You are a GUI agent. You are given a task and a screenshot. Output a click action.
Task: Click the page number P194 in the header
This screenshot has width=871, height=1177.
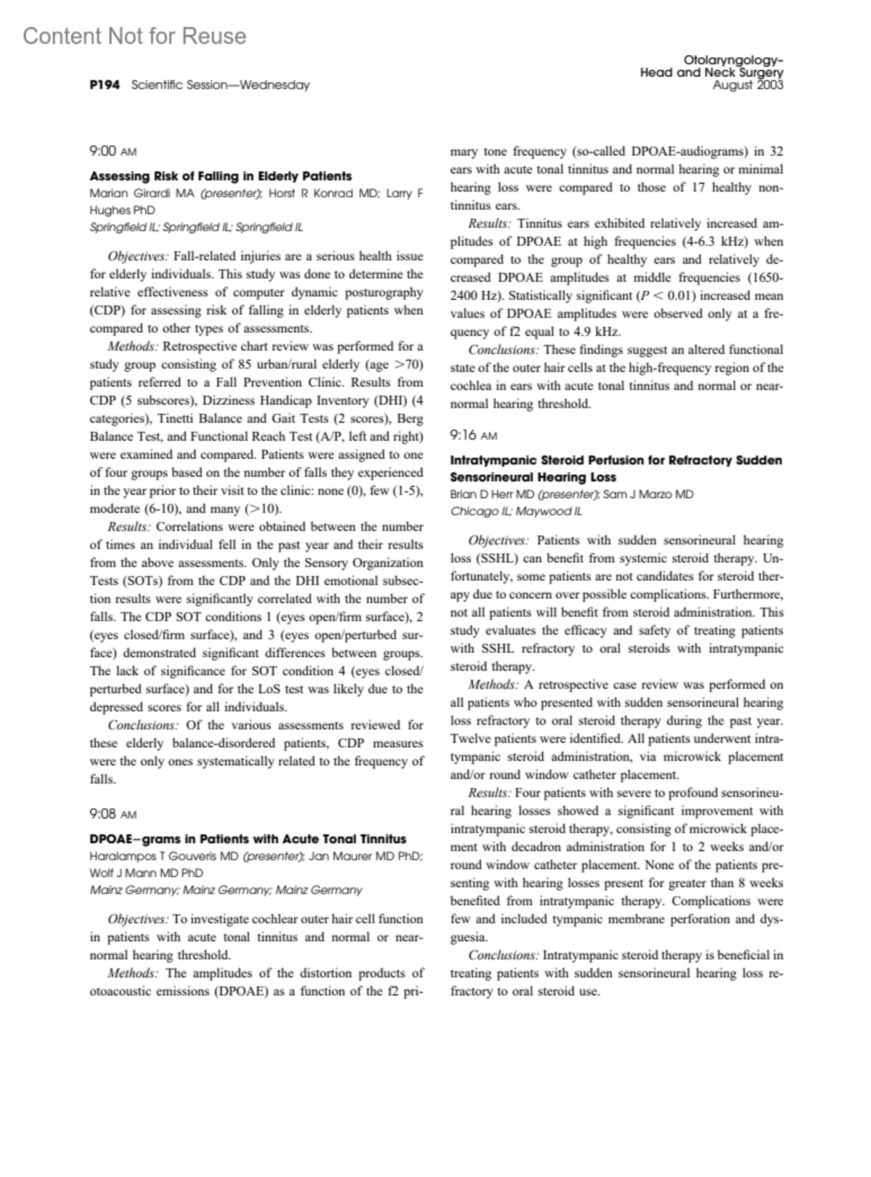(x=104, y=85)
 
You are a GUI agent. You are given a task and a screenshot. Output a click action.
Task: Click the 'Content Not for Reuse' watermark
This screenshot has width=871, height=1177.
(x=134, y=36)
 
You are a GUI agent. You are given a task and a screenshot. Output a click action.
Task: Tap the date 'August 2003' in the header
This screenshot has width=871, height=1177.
(x=748, y=85)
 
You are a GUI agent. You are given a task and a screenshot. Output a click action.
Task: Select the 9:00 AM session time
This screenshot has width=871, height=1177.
(x=113, y=151)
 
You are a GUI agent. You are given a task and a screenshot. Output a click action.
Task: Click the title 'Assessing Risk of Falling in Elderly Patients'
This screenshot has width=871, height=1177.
(x=221, y=176)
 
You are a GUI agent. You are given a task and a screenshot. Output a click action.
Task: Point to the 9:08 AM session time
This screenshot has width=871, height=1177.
(x=113, y=814)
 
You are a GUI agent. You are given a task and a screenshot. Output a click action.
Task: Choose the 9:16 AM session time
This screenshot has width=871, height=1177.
(x=473, y=435)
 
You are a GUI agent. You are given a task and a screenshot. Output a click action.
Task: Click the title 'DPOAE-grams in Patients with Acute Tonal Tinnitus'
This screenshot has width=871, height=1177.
(x=248, y=839)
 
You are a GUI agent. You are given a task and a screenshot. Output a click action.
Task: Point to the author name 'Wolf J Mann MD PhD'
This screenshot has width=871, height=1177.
(x=146, y=873)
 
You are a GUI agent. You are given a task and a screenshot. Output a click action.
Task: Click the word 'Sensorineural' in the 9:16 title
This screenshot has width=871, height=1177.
(x=489, y=477)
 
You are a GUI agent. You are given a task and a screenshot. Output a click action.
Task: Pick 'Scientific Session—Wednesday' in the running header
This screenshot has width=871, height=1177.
(x=221, y=85)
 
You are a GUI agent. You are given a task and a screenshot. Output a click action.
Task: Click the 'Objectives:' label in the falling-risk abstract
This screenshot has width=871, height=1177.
(x=138, y=256)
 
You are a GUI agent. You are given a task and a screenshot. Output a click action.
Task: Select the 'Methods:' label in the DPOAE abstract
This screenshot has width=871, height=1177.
(x=132, y=973)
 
